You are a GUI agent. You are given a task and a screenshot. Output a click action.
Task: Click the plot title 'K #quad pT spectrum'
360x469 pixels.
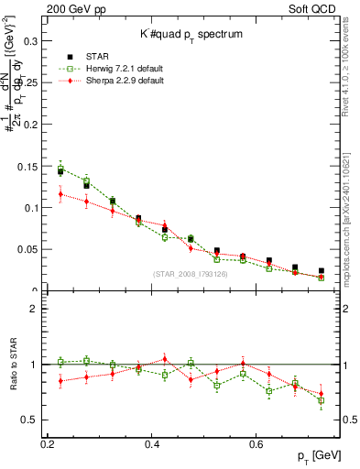[x=191, y=34]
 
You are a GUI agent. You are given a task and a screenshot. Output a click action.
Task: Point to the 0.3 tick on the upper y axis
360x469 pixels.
[x=35, y=41]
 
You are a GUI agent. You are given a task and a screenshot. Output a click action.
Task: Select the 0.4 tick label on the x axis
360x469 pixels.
[x=155, y=443]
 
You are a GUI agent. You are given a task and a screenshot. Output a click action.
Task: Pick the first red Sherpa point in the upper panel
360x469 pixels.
[x=60, y=194]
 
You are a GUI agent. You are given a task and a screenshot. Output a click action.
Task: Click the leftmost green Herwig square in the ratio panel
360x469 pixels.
[x=60, y=362]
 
